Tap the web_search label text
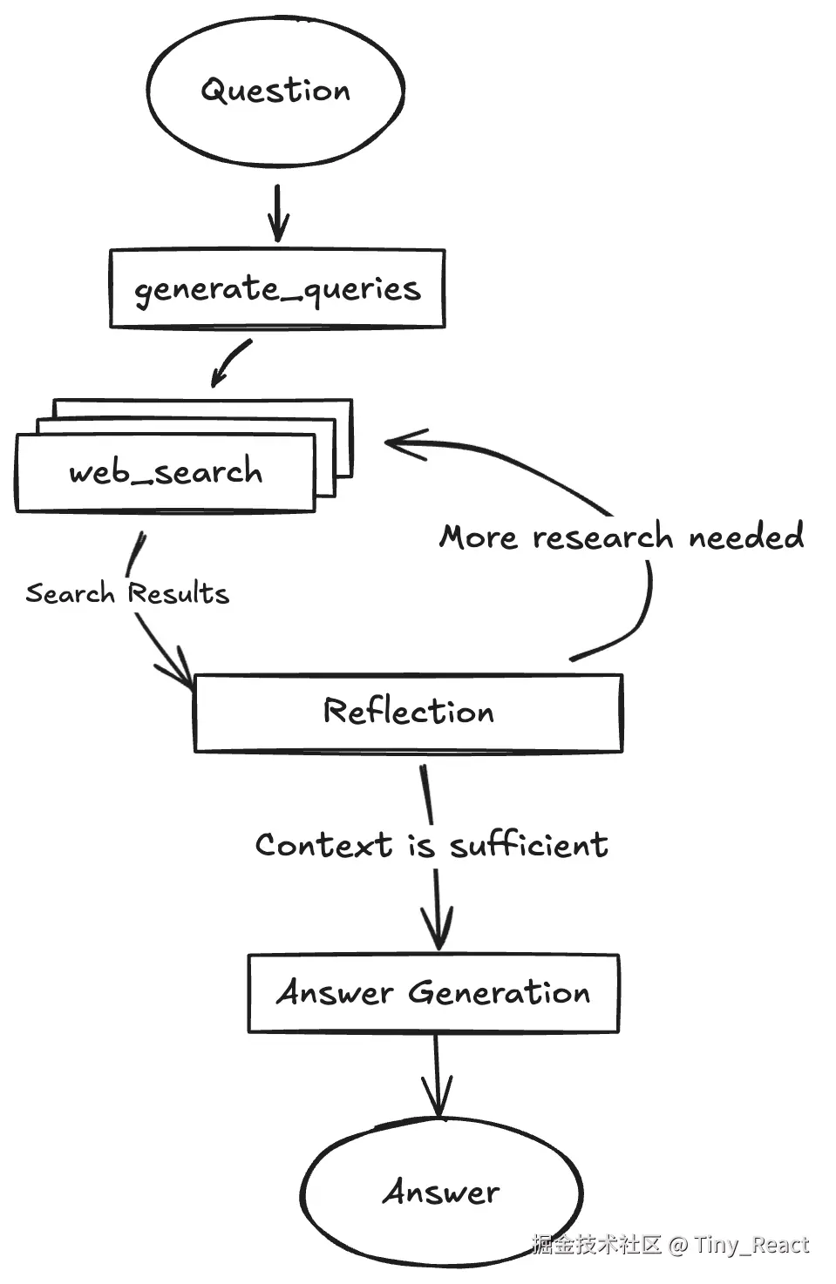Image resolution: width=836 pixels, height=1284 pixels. [x=166, y=472]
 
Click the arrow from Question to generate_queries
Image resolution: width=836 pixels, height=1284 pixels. [x=278, y=213]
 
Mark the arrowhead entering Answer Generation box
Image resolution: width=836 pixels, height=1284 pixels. [x=438, y=928]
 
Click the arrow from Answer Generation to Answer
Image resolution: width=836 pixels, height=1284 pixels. [x=438, y=1076]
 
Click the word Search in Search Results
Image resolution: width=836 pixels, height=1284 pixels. [x=70, y=592]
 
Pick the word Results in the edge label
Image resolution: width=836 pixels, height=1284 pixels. [x=179, y=592]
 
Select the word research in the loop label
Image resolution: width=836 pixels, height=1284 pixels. [x=602, y=537]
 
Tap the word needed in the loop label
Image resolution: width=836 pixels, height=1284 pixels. [x=746, y=536]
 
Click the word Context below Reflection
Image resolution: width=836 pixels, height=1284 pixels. [x=324, y=845]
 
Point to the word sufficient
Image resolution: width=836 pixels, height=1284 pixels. [x=529, y=845]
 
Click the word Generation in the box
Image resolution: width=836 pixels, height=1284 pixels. [x=500, y=992]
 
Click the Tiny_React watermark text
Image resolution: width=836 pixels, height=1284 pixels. [x=751, y=1245]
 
